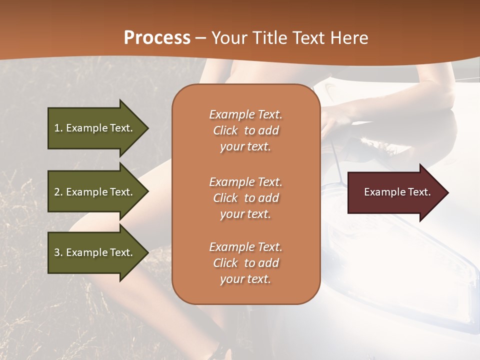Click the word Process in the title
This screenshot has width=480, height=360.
(x=157, y=38)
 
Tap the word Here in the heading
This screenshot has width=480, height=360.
(x=348, y=38)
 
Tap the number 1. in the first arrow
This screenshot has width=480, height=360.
(x=58, y=128)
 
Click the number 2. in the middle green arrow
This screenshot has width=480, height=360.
(x=58, y=192)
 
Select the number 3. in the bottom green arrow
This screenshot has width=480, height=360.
(x=58, y=252)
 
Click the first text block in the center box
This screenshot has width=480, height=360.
(x=245, y=130)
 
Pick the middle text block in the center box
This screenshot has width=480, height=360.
(x=245, y=198)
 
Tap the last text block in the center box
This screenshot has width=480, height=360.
(x=245, y=263)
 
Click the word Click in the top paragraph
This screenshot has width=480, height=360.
(x=225, y=130)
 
